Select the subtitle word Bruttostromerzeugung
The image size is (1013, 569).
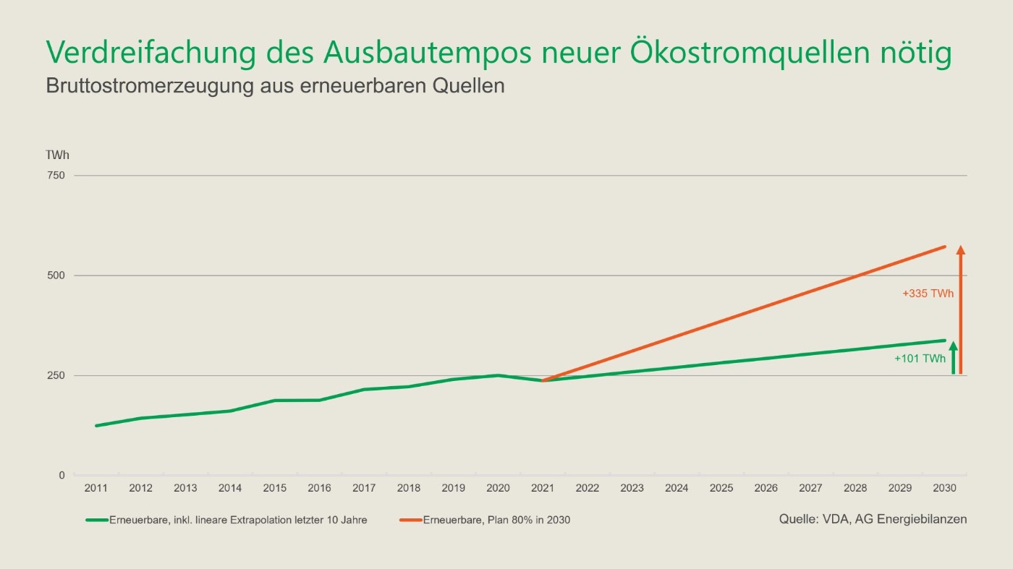click(x=150, y=86)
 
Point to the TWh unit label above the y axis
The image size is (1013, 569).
click(x=57, y=155)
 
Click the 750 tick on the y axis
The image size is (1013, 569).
click(x=56, y=176)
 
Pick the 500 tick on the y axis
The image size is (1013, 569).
click(x=56, y=275)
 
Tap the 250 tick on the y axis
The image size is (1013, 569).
click(x=56, y=375)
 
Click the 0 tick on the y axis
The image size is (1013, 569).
click(x=62, y=475)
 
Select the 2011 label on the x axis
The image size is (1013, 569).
click(x=96, y=488)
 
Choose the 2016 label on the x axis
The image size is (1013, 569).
click(x=319, y=488)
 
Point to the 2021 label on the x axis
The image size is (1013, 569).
click(x=543, y=488)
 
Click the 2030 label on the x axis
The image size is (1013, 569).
click(x=945, y=488)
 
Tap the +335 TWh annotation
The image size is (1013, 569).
click(x=928, y=294)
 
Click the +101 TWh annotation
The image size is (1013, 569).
click(x=920, y=359)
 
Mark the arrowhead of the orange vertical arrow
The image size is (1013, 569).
click(x=961, y=249)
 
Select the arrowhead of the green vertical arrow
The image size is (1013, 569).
click(x=954, y=346)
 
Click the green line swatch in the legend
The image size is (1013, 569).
click(x=97, y=520)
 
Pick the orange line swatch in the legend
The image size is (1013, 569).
click(x=411, y=520)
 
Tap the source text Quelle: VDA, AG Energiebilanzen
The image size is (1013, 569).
click(x=873, y=519)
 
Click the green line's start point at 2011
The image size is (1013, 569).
click(x=96, y=426)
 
